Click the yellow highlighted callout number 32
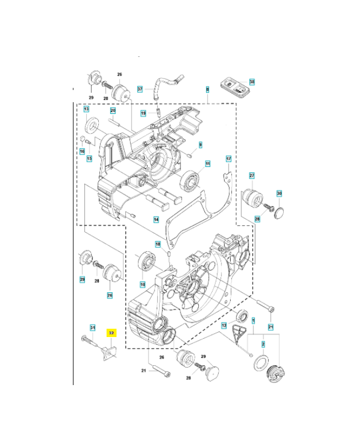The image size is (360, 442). tap(112, 333)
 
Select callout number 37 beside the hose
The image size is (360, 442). tap(140, 89)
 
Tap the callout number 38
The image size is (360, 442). tap(252, 82)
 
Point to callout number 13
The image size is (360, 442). tap(87, 110)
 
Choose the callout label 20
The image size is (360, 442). tap(113, 110)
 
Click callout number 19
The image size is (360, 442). tap(143, 113)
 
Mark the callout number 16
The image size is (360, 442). tap(82, 151)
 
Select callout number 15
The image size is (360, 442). tap(89, 159)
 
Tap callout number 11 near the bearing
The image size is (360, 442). tap(208, 164)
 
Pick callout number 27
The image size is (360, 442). tap(252, 176)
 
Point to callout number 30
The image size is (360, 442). tap(279, 193)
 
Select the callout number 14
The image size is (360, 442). tap(156, 219)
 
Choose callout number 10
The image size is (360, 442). tap(142, 285)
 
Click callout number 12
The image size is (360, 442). tap(224, 326)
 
